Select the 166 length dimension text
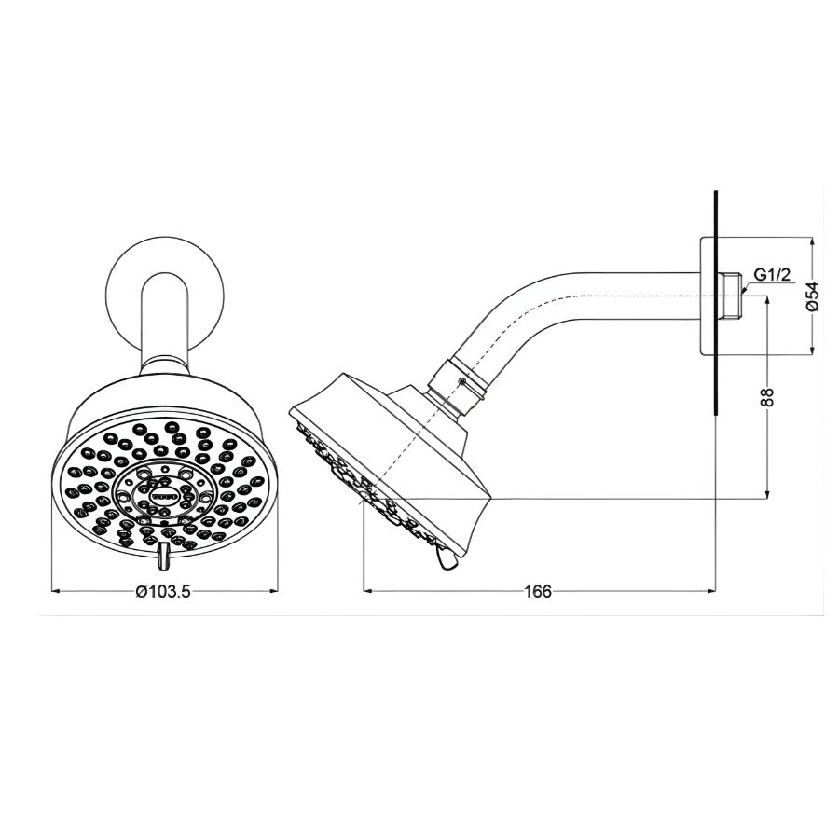(538, 591)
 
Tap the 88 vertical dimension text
(766, 397)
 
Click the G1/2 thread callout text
(772, 275)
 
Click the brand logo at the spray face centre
(164, 501)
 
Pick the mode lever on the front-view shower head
(164, 557)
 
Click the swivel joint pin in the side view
(461, 382)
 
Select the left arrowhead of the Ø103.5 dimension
(54, 590)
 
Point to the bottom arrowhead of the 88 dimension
(766, 494)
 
